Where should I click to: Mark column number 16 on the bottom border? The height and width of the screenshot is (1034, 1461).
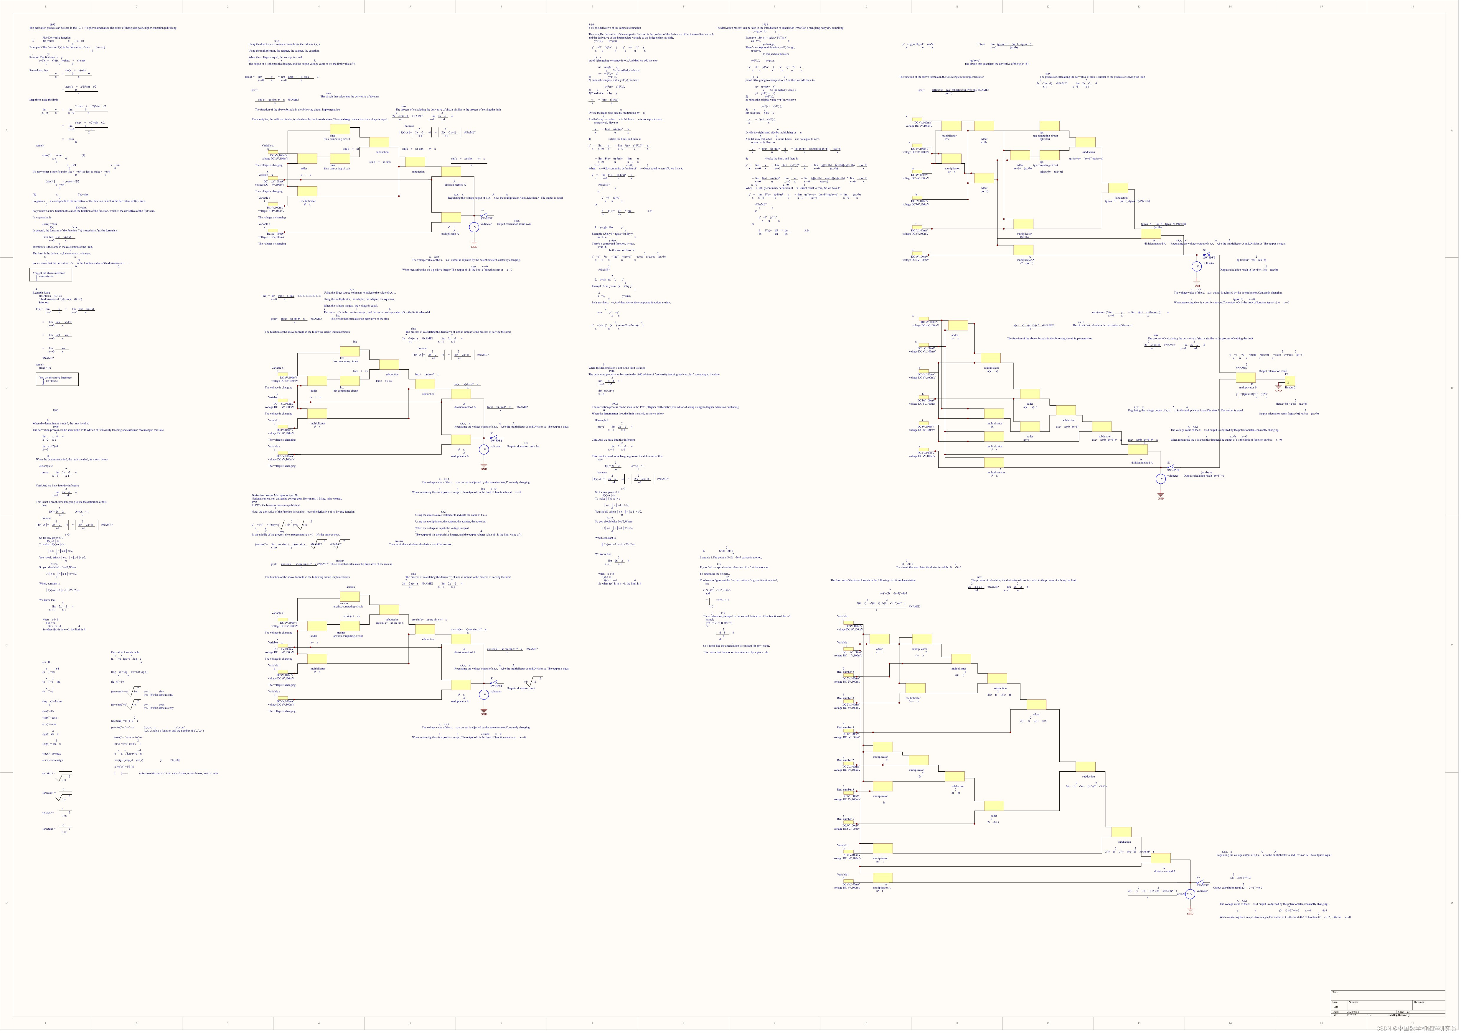tap(1412, 1023)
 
